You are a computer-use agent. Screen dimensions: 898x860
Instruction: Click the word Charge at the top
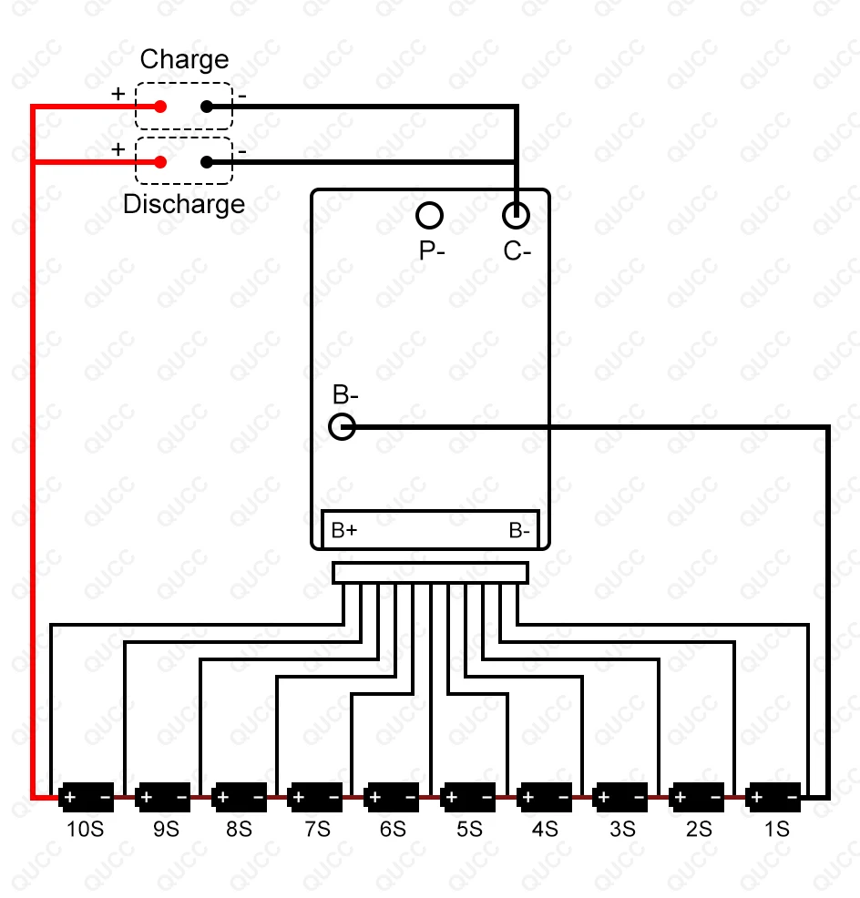[x=184, y=60]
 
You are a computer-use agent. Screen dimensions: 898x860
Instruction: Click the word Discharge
[x=184, y=204]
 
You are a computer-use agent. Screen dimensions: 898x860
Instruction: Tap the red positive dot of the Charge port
[x=160, y=107]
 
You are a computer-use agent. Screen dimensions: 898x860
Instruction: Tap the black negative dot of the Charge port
[x=207, y=107]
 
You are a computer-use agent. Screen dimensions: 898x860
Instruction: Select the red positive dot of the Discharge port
[x=160, y=162]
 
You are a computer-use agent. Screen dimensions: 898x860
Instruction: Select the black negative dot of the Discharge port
[x=207, y=162]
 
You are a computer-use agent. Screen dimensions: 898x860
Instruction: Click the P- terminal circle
[x=429, y=216]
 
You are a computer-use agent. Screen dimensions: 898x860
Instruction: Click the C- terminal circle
[x=517, y=216]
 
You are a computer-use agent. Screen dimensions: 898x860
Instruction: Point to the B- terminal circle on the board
[x=342, y=426]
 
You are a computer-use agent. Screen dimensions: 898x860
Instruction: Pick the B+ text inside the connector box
[x=344, y=531]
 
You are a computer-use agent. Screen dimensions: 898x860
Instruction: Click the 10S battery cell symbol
[x=87, y=798]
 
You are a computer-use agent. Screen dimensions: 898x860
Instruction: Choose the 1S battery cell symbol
[x=773, y=798]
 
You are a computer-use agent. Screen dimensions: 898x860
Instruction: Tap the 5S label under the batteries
[x=468, y=830]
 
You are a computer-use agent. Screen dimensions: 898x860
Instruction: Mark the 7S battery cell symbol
[x=315, y=798]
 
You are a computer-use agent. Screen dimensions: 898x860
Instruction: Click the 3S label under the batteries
[x=621, y=830]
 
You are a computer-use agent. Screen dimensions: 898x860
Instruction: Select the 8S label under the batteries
[x=239, y=830]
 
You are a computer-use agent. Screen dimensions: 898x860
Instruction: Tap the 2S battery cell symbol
[x=697, y=798]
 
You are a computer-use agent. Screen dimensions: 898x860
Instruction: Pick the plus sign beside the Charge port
[x=118, y=94]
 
